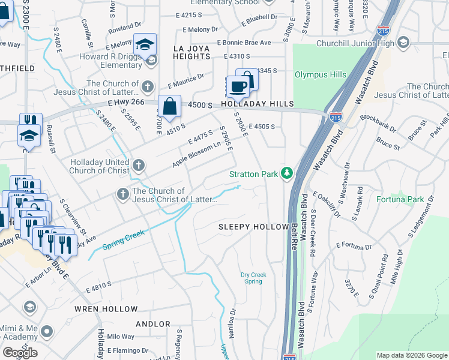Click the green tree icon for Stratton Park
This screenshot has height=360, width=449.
pyautogui.click(x=288, y=174)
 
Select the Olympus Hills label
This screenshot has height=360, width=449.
pyautogui.click(x=320, y=74)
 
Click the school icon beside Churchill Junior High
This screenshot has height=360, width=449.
pyautogui.click(x=403, y=43)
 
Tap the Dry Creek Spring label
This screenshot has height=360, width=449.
pyautogui.click(x=254, y=278)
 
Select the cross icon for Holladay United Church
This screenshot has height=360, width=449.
pyautogui.click(x=139, y=165)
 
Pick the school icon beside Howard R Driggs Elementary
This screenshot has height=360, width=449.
pyautogui.click(x=151, y=59)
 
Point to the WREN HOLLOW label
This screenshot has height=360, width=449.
pyautogui.click(x=106, y=309)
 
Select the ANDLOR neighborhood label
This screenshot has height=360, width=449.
pyautogui.click(x=153, y=324)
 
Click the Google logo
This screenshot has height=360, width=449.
pyautogui.click(x=20, y=352)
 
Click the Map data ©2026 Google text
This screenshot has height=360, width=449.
pyautogui.click(x=412, y=355)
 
